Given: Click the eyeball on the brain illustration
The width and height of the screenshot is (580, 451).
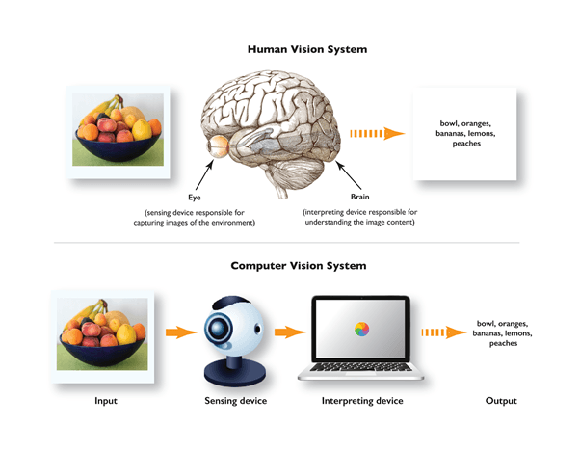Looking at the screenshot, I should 219,147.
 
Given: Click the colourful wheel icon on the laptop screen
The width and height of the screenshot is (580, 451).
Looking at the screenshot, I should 358,330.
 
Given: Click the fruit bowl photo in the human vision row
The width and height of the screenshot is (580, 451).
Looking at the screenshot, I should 118,129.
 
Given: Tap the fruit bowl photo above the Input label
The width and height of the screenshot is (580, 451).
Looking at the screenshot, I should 102,333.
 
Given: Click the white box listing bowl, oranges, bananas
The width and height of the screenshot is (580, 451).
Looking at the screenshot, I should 465,135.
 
